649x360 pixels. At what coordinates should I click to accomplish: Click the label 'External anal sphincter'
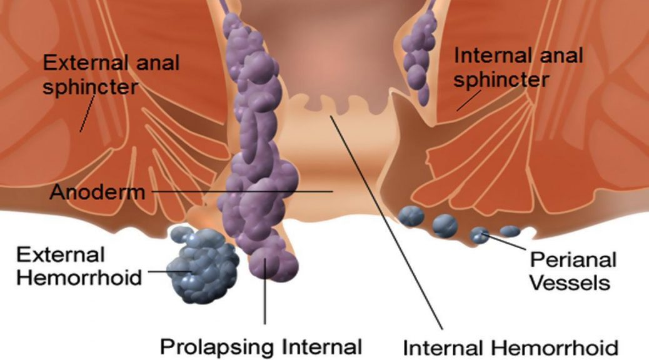click(x=111, y=75)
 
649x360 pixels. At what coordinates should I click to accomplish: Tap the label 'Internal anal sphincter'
click(x=518, y=67)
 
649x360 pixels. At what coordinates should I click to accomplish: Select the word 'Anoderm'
click(x=98, y=192)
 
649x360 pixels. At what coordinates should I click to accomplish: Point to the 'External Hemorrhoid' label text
click(x=79, y=266)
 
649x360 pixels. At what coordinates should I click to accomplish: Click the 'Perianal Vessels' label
click(x=573, y=271)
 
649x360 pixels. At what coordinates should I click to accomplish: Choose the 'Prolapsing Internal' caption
click(x=261, y=346)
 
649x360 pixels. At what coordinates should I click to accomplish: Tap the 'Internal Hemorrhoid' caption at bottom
click(x=510, y=347)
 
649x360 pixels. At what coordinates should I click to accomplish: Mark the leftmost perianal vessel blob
click(x=411, y=216)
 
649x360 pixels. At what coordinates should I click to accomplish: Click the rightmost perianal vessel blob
click(x=510, y=231)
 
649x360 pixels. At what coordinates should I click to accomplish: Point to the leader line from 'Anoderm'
click(x=242, y=192)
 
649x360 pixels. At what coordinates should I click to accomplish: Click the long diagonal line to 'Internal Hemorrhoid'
click(x=386, y=222)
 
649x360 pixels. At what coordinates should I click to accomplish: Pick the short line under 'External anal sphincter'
click(x=88, y=114)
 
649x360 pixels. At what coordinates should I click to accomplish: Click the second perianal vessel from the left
click(x=445, y=226)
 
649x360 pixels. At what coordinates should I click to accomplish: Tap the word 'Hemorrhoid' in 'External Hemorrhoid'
click(x=79, y=277)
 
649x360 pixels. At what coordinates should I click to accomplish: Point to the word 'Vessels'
click(x=570, y=283)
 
